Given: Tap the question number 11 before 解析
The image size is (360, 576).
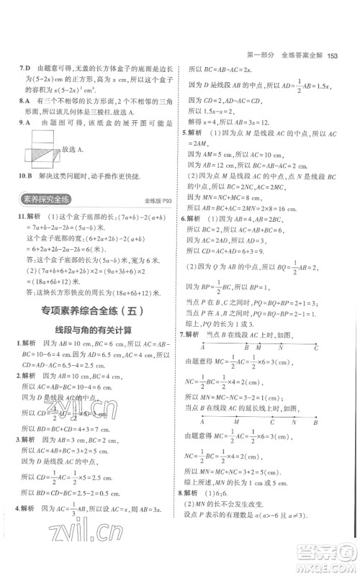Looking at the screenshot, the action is pyautogui.click(x=24, y=217).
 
